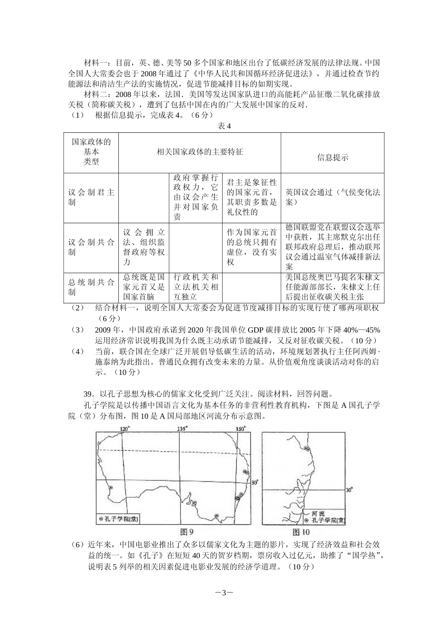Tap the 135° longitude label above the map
click(182, 429)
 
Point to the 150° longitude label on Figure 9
click(241, 429)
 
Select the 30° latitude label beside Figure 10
click(349, 490)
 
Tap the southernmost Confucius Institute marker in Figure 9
click(216, 516)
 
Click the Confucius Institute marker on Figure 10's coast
click(307, 448)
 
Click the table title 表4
click(224, 126)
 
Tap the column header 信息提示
click(332, 158)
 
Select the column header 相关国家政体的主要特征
click(199, 152)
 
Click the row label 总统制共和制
click(91, 287)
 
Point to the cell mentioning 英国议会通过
click(332, 197)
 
